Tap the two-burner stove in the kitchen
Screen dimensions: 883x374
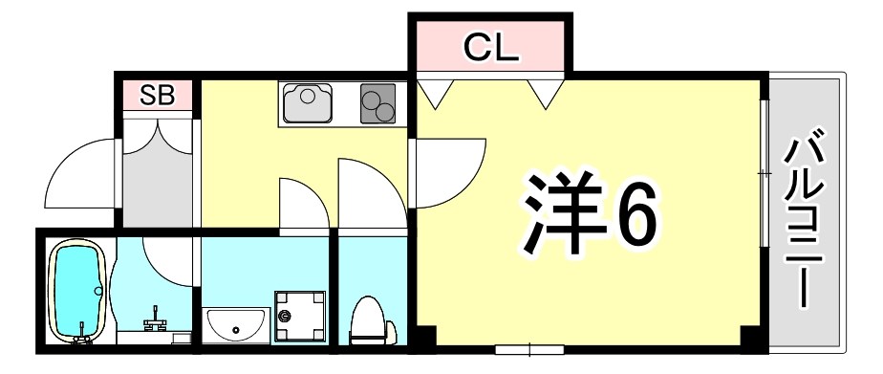click(x=377, y=104)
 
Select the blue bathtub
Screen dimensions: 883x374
click(x=76, y=291)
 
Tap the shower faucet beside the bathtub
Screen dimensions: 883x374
click(x=154, y=316)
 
